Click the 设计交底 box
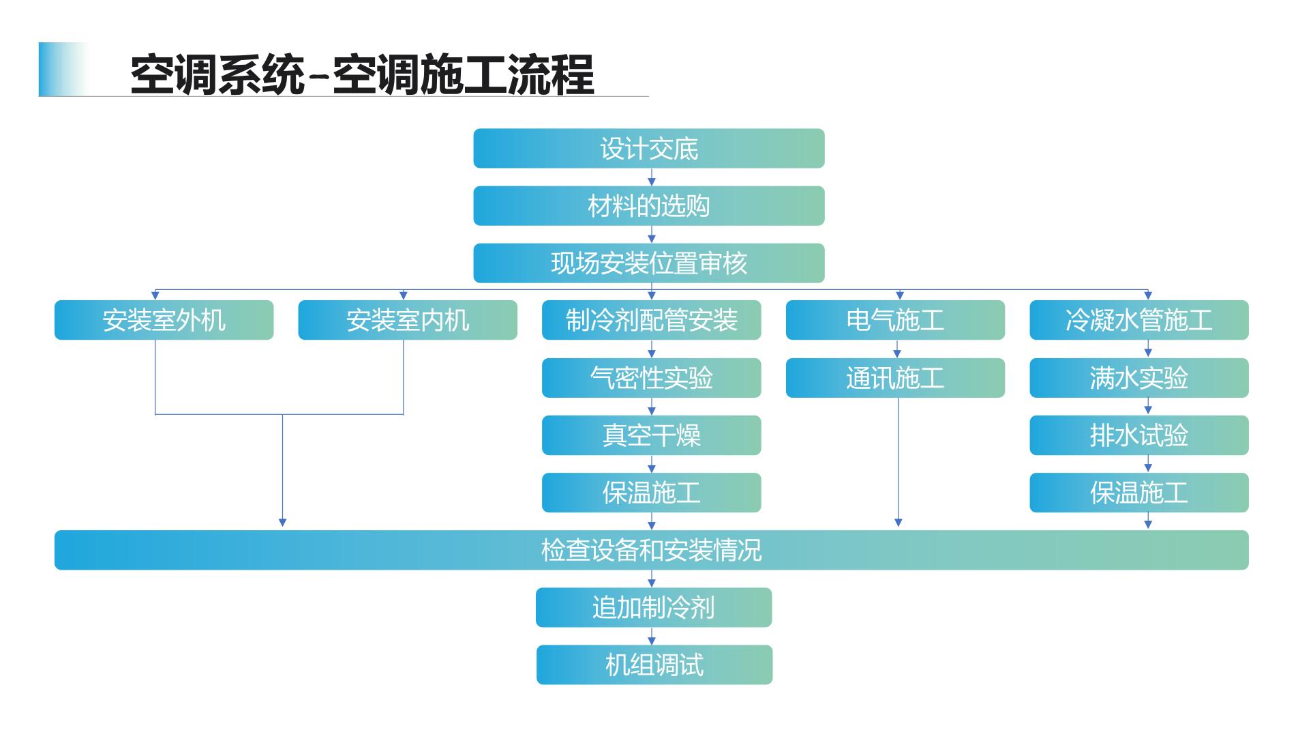coord(648,148)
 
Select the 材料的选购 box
coord(648,205)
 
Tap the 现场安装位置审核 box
coord(648,263)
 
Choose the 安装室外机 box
coord(164,320)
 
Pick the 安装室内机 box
coord(408,320)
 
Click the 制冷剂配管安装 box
coord(651,320)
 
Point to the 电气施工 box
coord(895,320)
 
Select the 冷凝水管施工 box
coord(1138,320)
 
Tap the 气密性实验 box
coord(651,377)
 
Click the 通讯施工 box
coord(895,377)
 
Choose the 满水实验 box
coord(1138,377)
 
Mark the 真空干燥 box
coord(651,435)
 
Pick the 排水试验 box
coord(1138,435)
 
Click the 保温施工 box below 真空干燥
coord(651,492)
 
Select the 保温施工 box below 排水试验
coord(1138,492)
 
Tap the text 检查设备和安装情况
coord(651,550)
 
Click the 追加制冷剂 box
coord(653,607)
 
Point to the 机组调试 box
coord(654,665)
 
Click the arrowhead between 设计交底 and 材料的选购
coord(651,181)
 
